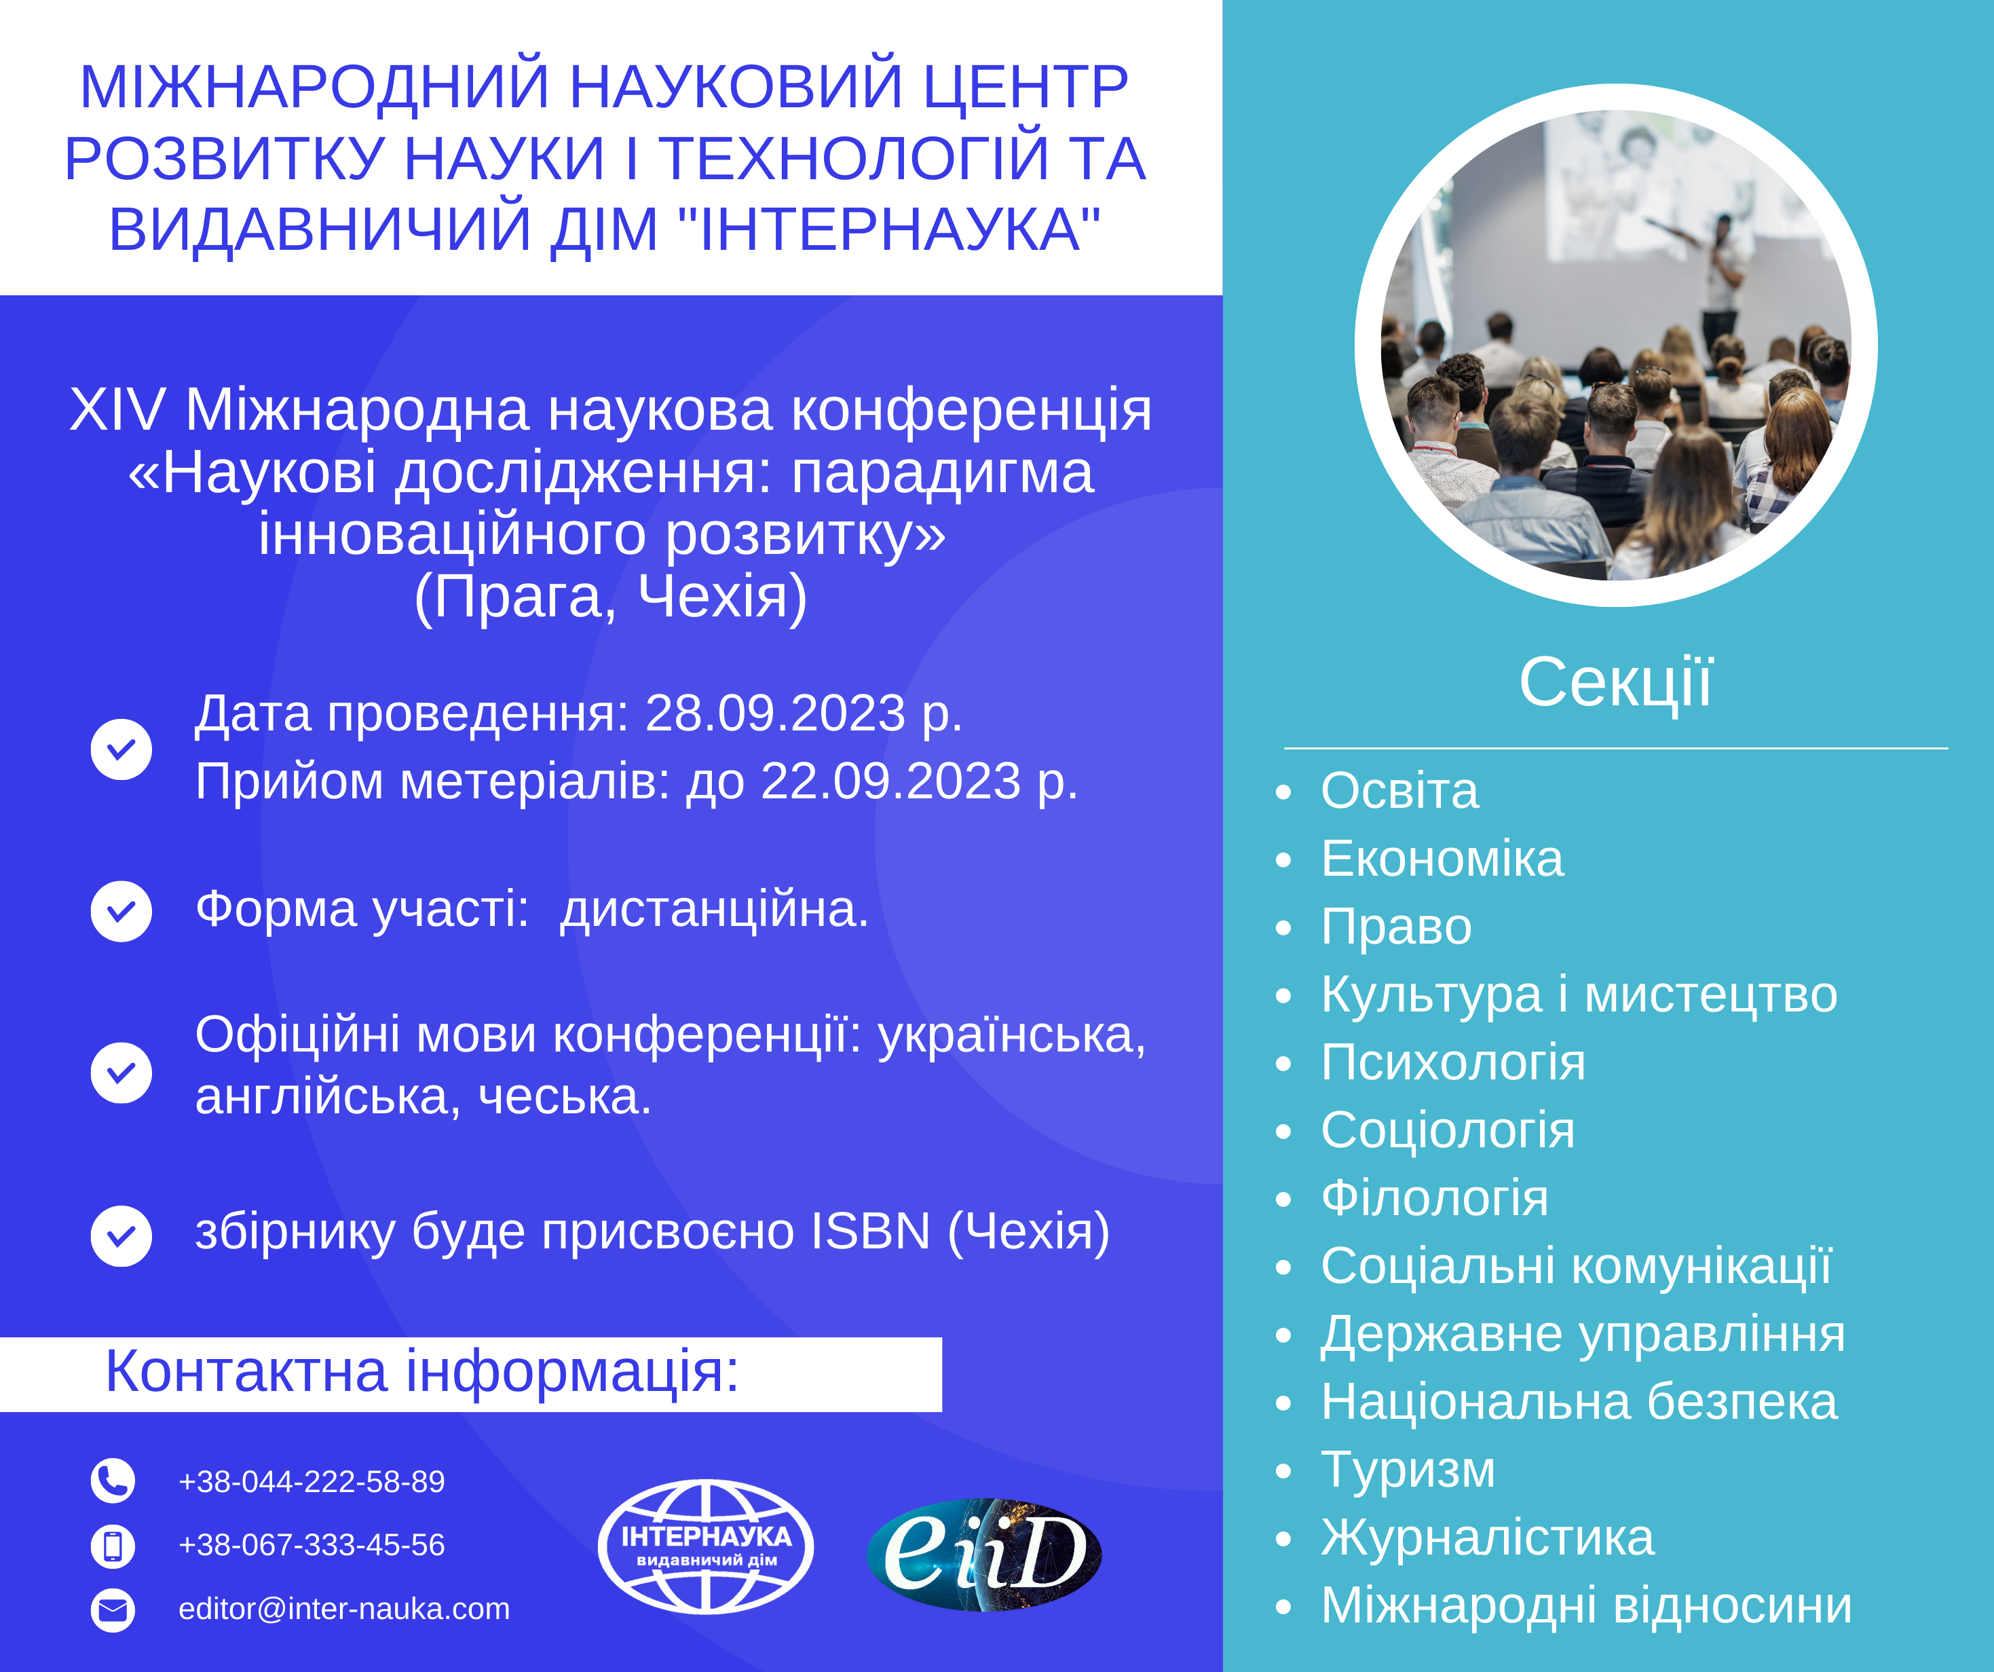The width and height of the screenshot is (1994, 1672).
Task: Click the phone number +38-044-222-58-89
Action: tap(312, 1481)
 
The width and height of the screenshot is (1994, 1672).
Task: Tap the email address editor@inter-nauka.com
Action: tap(343, 1608)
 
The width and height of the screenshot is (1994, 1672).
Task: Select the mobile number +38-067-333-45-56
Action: tap(312, 1544)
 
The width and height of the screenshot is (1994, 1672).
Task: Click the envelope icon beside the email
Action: tap(113, 1610)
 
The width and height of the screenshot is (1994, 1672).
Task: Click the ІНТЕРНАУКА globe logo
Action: tap(705, 1546)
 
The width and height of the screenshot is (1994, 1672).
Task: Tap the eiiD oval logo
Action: tap(985, 1554)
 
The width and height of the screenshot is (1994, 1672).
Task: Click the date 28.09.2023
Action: tap(776, 713)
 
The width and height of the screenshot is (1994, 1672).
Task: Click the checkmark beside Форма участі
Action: tap(121, 911)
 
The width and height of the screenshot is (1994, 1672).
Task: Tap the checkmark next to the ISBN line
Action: tap(121, 1236)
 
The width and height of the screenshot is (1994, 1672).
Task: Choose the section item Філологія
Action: tap(1435, 1198)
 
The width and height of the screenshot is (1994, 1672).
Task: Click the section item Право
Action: tap(1397, 926)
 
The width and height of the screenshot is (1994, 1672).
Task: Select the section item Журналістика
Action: tap(1488, 1537)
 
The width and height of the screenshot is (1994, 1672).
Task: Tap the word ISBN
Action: tap(871, 1231)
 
